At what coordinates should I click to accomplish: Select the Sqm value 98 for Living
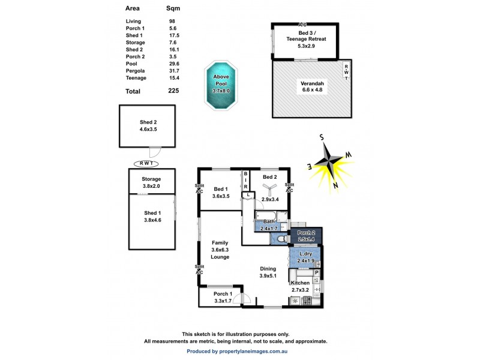pos(172,22)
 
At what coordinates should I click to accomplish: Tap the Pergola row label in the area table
pos(136,71)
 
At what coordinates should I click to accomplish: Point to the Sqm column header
pos(173,8)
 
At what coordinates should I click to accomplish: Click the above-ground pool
pos(220,85)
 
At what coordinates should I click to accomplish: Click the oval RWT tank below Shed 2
pos(145,163)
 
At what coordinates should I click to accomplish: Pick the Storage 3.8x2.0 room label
pos(151,182)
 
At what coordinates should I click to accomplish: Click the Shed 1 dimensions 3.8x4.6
pos(152,220)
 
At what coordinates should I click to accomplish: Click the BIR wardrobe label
pos(245,181)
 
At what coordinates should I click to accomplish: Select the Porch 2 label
pos(306,233)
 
